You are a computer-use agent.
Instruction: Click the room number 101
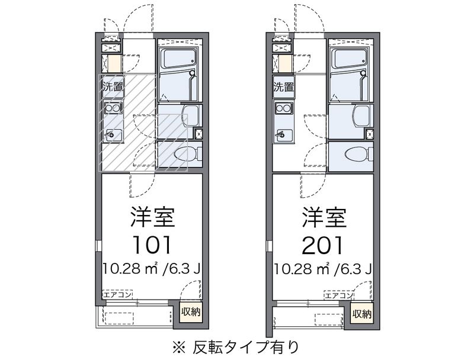152,245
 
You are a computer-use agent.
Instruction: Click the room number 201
323,245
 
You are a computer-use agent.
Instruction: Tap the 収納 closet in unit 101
191,312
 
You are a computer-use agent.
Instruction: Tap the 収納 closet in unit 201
362,314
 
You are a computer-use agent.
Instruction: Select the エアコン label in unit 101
117,294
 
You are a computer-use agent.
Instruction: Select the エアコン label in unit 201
338,295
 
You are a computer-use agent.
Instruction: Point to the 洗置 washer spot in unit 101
113,86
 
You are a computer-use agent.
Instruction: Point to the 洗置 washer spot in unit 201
284,86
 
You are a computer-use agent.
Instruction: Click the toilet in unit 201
359,153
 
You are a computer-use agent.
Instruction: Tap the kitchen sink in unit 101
113,135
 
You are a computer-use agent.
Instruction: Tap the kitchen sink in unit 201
284,135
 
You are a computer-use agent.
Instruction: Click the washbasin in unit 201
361,116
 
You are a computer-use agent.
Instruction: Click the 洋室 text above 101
153,217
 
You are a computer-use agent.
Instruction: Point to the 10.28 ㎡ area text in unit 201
301,268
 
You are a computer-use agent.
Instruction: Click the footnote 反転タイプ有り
246,347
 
